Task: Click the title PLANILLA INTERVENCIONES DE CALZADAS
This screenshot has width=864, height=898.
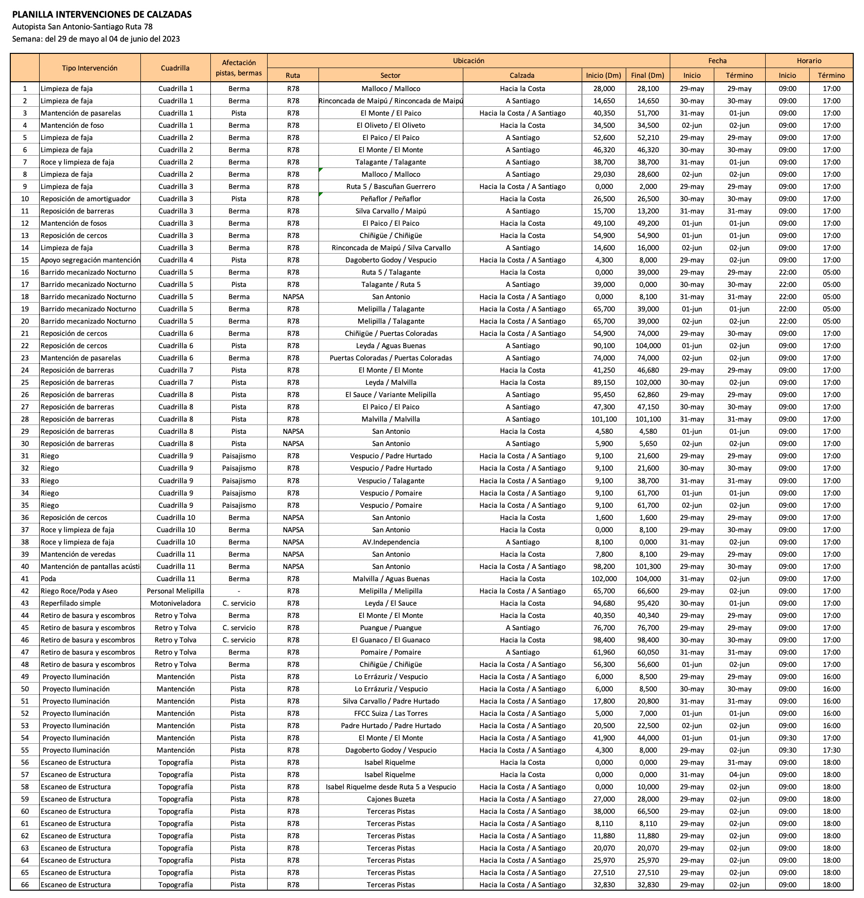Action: [102, 15]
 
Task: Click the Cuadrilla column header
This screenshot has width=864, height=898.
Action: [175, 68]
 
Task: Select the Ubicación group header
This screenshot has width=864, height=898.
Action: [468, 61]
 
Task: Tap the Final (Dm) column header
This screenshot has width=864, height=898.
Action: [647, 75]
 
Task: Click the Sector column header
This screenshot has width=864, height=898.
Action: [390, 75]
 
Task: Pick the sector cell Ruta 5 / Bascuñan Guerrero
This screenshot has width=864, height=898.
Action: [390, 187]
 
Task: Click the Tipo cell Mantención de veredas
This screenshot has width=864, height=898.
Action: [78, 554]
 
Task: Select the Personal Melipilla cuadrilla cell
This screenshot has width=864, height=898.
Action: [175, 591]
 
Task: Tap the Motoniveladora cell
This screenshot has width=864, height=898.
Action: [175, 603]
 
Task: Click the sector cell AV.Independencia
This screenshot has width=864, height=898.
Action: [390, 542]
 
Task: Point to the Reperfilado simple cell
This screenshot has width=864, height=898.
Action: [70, 603]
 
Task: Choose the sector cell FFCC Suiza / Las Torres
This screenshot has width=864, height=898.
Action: [390, 713]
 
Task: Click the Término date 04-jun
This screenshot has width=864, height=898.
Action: [739, 775]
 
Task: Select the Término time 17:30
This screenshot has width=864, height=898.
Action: [831, 750]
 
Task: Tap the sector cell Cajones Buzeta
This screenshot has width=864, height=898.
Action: [390, 799]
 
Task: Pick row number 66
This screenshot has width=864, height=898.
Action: [25, 885]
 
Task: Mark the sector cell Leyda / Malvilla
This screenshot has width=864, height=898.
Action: [390, 382]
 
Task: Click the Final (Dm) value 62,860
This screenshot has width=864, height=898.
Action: [648, 395]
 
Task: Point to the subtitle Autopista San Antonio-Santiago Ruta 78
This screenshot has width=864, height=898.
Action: [82, 27]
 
